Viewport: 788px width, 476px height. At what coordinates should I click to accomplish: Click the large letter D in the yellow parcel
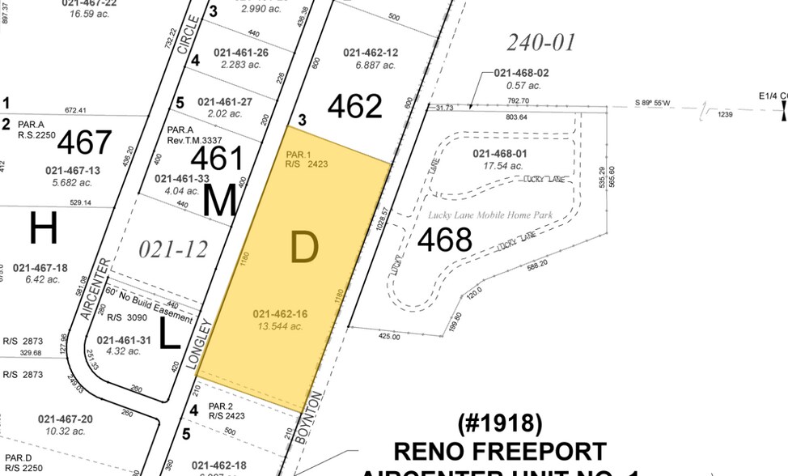pos(303,249)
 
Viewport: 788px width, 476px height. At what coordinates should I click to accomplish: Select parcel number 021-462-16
pos(279,314)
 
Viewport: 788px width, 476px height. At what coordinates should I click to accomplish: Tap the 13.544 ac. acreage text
pos(279,326)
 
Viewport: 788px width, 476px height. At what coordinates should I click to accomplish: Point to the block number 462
pos(354,107)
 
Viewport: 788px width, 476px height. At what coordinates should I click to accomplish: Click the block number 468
pos(444,240)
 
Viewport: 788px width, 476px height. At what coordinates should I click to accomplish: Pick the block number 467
pos(84,142)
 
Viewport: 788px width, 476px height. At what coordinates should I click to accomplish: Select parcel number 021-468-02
pos(521,74)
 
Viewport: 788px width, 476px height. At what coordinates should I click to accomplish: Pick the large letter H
pos(43,230)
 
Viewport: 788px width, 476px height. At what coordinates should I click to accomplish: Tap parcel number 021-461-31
pos(125,340)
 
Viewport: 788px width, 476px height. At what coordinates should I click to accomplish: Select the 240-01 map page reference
pos(540,42)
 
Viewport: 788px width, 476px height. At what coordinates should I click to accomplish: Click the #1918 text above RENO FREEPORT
pos(500,424)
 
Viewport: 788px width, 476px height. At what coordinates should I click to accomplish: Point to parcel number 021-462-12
pos(371,53)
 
